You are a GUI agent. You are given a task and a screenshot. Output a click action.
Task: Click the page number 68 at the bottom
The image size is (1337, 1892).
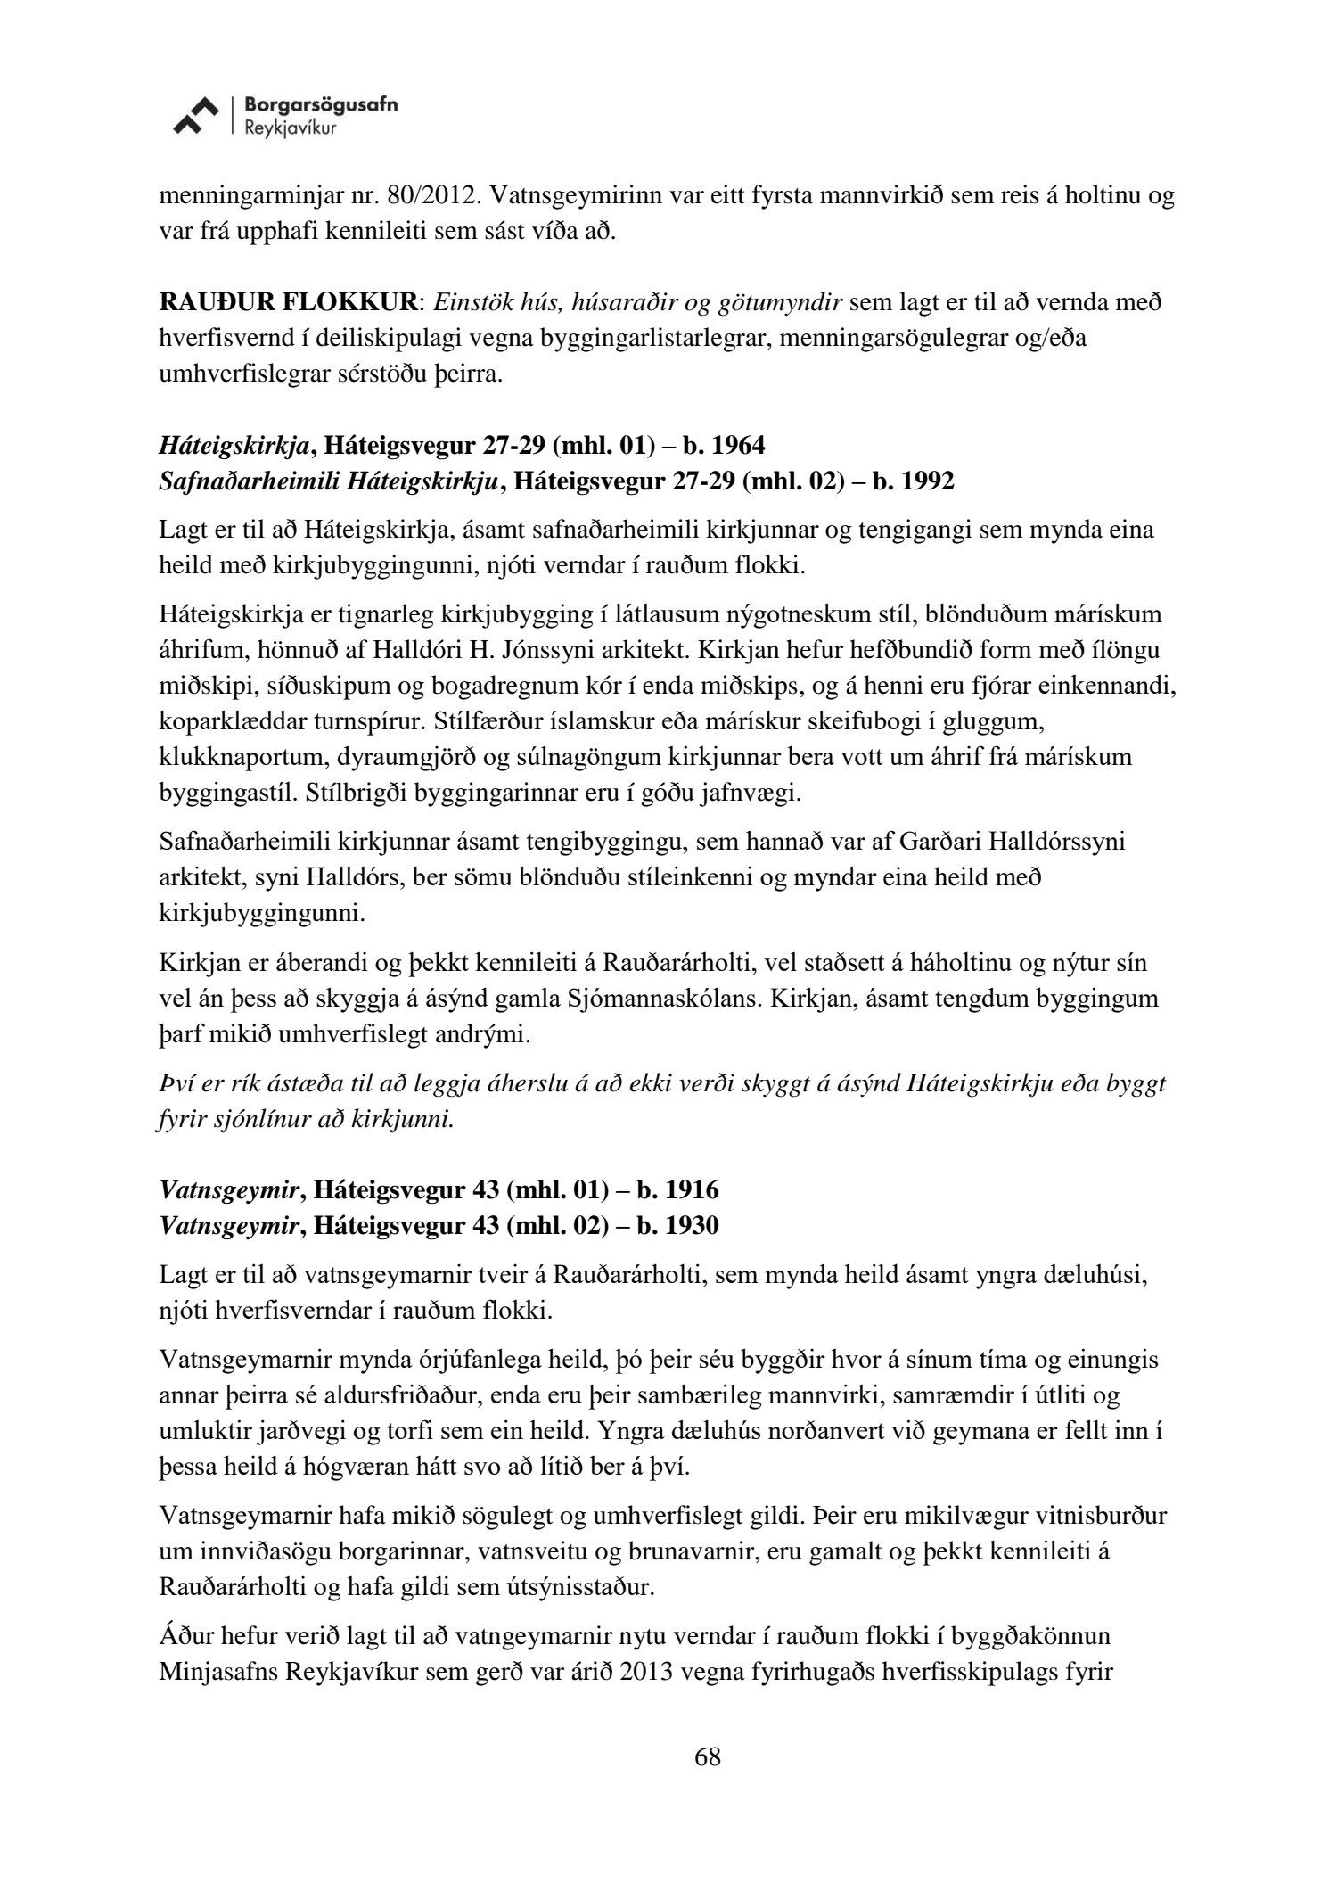tap(707, 1757)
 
